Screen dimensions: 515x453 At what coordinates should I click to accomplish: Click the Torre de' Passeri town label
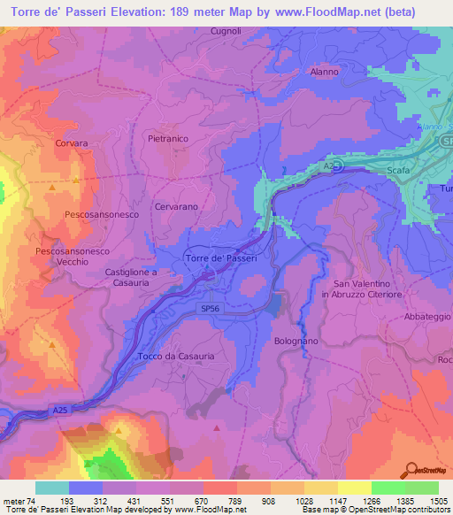click(221, 257)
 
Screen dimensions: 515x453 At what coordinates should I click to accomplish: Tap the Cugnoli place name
click(201, 31)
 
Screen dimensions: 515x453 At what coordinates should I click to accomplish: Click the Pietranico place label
click(169, 139)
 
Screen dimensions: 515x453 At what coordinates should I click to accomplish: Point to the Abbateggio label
click(428, 316)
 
